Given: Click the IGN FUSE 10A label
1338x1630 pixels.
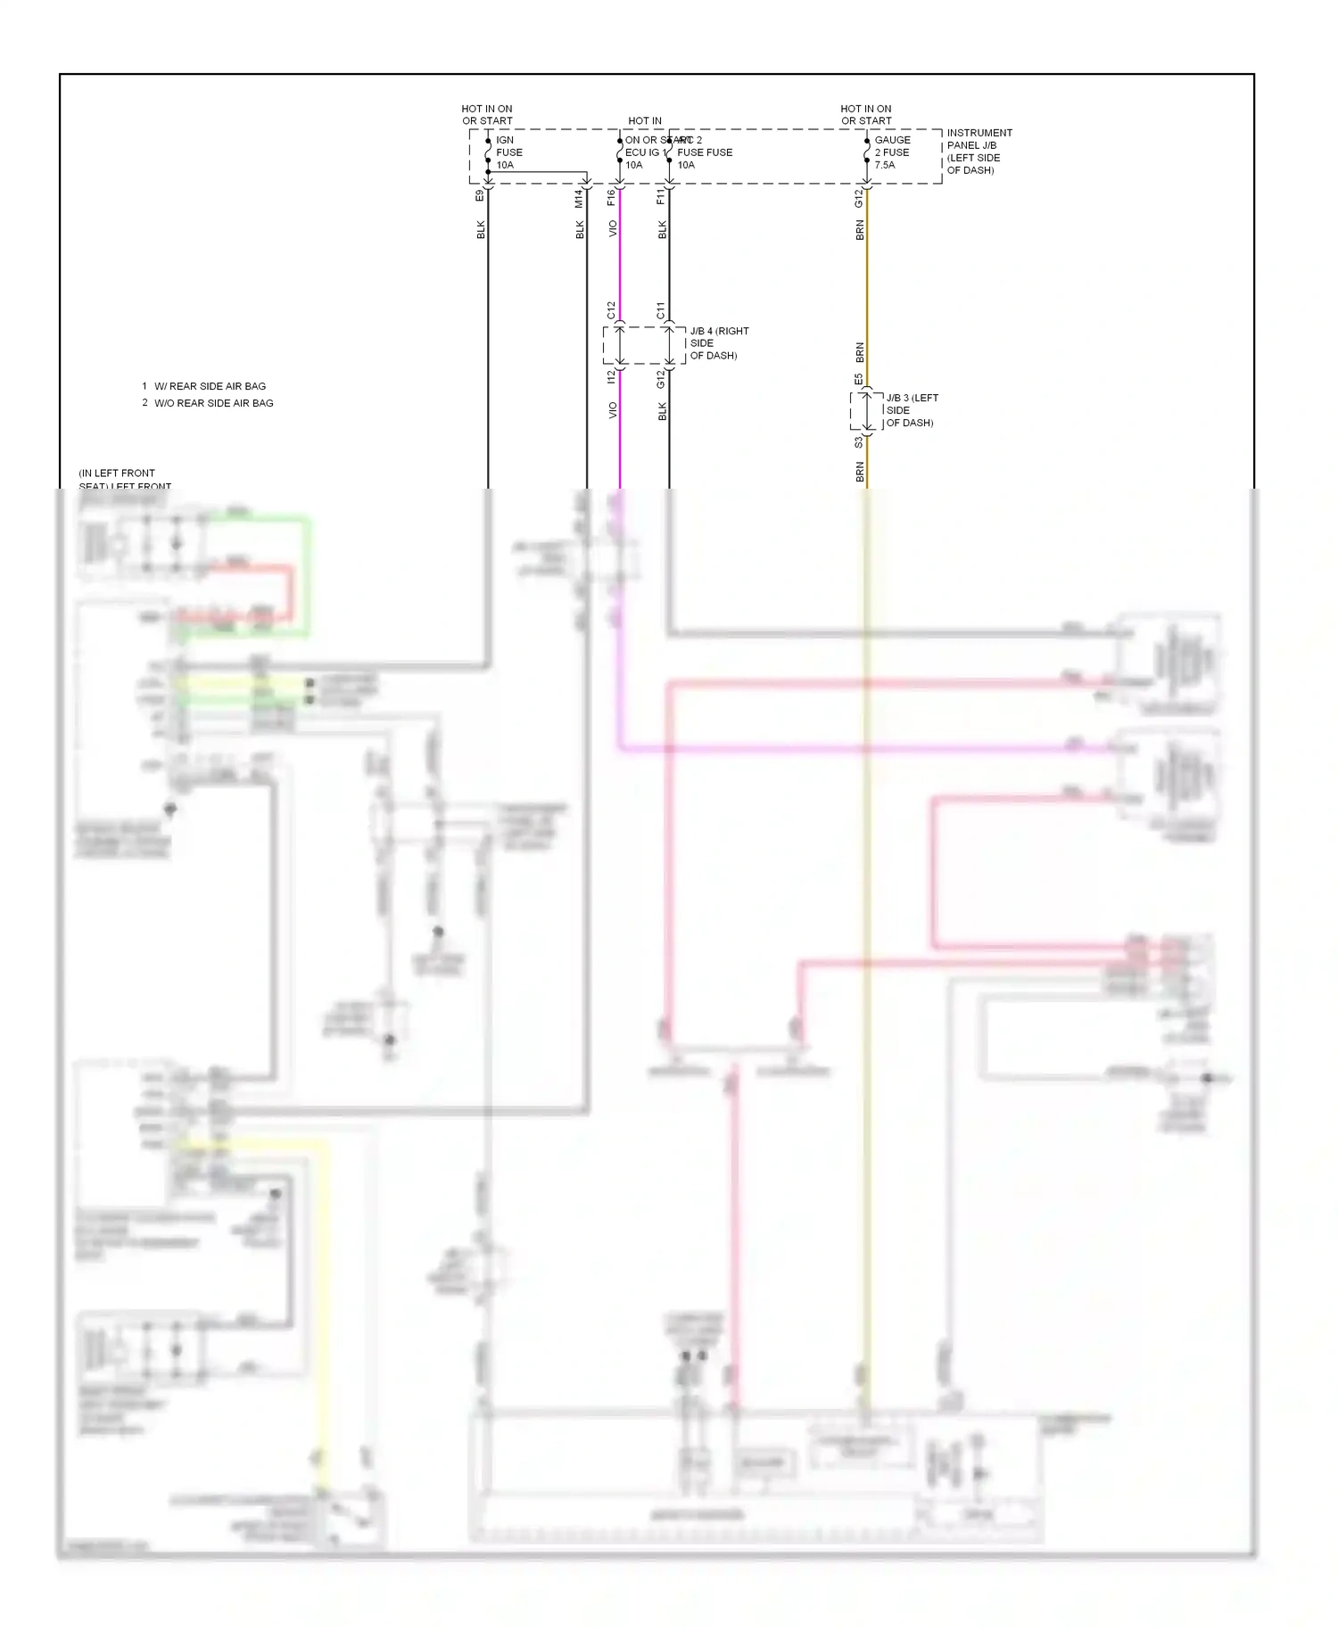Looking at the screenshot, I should (508, 152).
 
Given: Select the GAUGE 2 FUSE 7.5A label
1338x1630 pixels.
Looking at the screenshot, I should (891, 152).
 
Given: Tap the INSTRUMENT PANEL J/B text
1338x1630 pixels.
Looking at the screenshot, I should (979, 139).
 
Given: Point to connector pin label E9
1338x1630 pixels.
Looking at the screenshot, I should (480, 194).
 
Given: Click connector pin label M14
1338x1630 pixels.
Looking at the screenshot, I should (579, 199).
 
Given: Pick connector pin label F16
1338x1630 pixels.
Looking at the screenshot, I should (612, 198).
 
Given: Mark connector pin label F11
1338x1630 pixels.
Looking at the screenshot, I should (661, 197).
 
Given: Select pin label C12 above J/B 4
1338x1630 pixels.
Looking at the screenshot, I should (612, 310).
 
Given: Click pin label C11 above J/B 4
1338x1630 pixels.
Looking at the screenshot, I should (661, 310).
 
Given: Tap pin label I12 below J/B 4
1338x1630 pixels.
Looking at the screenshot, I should (612, 378).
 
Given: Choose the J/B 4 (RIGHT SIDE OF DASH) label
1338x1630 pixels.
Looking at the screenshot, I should (718, 343).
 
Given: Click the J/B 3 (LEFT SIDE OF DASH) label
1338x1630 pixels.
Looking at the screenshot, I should (911, 410).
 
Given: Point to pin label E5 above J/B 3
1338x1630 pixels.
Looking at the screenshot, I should (859, 380).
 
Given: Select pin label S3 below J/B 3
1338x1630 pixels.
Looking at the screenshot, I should (859, 442).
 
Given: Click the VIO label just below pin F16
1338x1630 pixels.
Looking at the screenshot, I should (613, 229).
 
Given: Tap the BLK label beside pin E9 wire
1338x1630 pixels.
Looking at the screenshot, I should (481, 229).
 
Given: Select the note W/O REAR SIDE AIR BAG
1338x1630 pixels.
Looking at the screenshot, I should (213, 403).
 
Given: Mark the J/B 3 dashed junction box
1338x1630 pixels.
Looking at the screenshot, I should (866, 411).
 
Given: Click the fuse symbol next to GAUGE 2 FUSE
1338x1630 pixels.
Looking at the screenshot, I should (866, 152).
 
